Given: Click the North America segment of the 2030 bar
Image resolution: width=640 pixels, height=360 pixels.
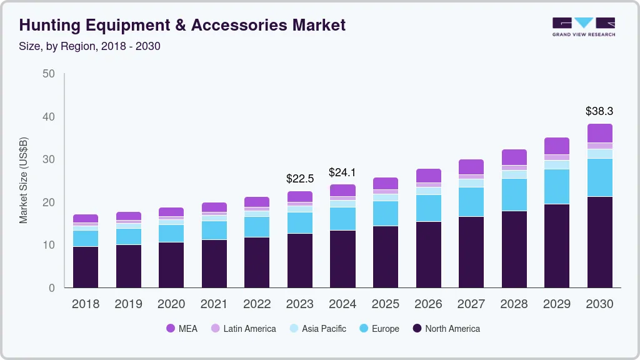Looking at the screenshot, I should [x=599, y=242].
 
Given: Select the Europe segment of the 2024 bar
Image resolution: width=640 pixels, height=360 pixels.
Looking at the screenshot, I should [x=342, y=219].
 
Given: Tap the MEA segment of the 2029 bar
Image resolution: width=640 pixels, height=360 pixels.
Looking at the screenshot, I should [x=556, y=146].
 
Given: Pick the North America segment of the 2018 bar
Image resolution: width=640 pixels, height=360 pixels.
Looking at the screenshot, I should [x=86, y=267].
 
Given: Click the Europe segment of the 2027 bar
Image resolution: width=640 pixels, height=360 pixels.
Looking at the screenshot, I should [x=471, y=202].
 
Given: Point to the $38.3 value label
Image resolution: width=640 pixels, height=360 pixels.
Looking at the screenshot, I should [x=599, y=111].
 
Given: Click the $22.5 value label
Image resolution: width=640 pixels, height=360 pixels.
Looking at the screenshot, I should [x=300, y=179].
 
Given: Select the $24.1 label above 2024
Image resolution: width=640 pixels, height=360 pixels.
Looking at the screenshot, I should [x=342, y=172].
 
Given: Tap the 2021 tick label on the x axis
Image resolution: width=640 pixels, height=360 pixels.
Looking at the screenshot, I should [x=214, y=304].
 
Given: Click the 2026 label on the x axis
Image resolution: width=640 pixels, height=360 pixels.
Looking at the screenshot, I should [x=428, y=304].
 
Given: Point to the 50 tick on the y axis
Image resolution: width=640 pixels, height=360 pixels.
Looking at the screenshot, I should [x=49, y=74].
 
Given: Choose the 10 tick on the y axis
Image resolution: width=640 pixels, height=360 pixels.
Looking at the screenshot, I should [x=49, y=245].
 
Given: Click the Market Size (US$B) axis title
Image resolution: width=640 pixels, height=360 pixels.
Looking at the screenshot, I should [x=23, y=180].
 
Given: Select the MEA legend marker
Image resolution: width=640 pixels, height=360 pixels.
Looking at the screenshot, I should [x=171, y=329].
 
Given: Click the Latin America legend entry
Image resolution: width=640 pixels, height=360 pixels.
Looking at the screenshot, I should [x=249, y=329].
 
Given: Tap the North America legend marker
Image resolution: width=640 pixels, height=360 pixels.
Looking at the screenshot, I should [x=417, y=329].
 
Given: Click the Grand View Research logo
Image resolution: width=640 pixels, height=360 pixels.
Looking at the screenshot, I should [x=584, y=27].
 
